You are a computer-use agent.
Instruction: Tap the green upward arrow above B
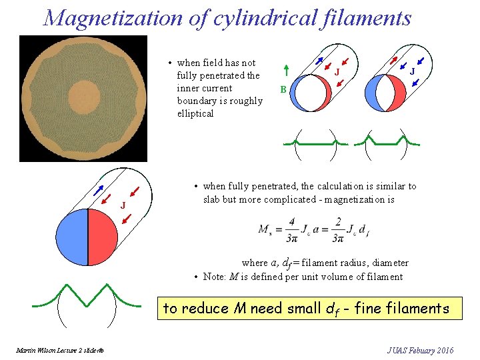(285, 71)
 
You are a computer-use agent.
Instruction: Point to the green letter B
(283, 89)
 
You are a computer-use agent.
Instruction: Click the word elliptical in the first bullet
(195, 113)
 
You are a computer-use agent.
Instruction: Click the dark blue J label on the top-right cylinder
(413, 71)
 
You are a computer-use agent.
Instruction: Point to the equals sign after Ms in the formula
(280, 229)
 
